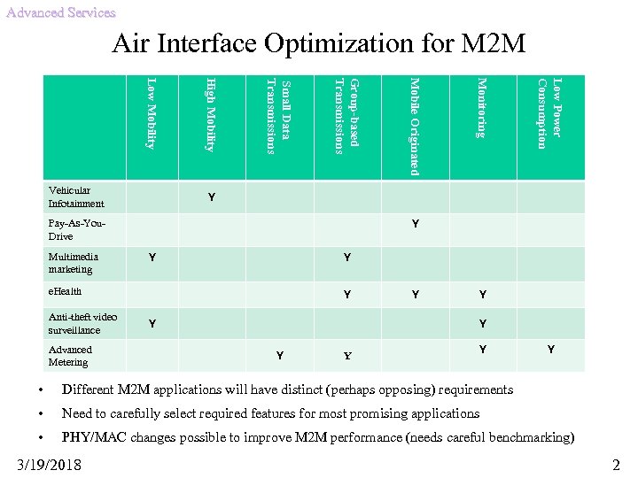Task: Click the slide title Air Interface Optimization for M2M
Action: [319, 42]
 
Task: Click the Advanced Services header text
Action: [60, 12]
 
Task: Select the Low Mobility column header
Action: [152, 114]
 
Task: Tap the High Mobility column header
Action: [210, 115]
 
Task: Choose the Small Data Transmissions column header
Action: [277, 116]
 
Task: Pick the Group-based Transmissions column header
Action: [346, 116]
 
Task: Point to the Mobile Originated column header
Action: [413, 127]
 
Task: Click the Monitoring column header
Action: [481, 108]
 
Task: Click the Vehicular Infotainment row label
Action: [76, 197]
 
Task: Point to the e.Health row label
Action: [65, 291]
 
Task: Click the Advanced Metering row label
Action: [70, 356]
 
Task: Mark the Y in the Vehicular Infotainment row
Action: [211, 197]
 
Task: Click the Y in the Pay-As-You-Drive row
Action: [415, 225]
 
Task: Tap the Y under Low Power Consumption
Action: [550, 351]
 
